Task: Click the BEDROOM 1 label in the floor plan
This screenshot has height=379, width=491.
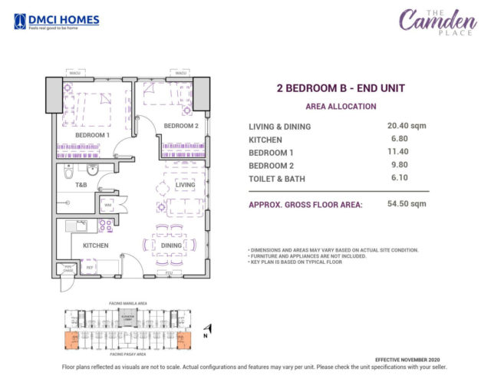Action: [92, 135]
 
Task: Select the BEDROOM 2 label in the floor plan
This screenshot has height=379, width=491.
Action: [181, 126]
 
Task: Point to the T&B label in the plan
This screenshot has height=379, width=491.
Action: [81, 185]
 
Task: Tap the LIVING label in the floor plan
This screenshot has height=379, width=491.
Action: [185, 185]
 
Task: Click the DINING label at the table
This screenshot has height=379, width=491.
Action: [171, 246]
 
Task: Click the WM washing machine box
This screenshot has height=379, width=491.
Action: [107, 205]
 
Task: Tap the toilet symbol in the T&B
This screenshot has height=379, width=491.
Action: [92, 170]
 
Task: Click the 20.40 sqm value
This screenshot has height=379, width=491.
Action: [407, 126]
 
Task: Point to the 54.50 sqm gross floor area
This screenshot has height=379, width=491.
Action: [407, 205]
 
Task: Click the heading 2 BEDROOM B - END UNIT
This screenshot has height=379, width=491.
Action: [340, 89]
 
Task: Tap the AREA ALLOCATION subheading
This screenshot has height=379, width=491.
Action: [341, 107]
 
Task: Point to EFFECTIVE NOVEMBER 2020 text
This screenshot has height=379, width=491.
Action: [407, 360]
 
